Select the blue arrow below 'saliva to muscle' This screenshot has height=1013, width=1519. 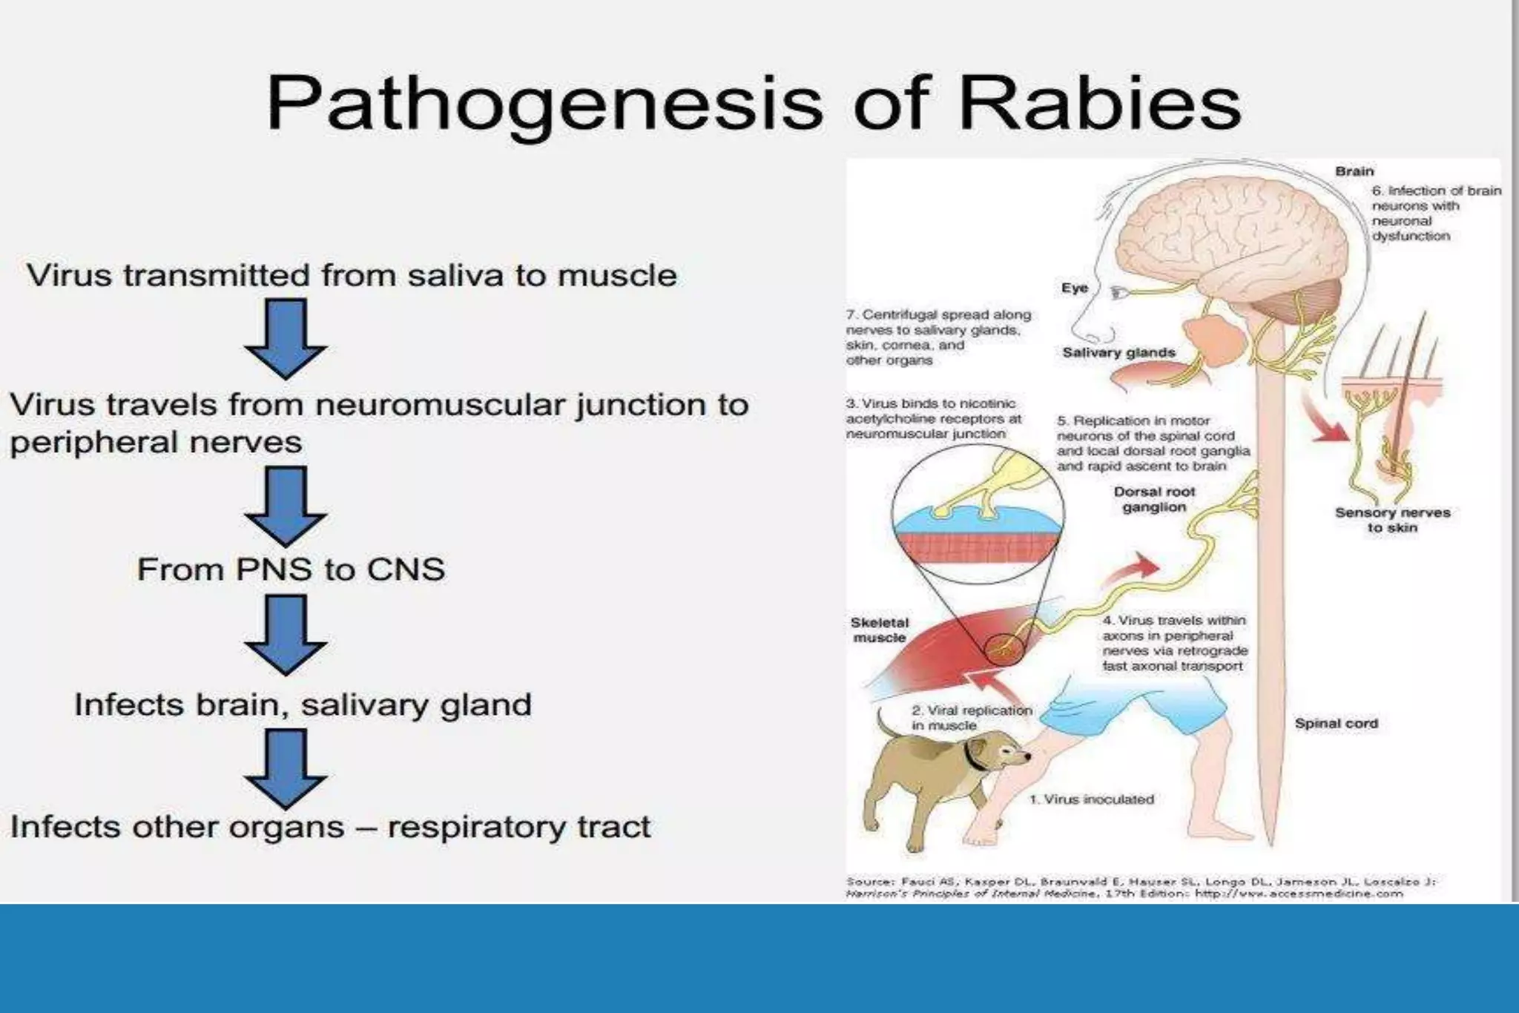pyautogui.click(x=286, y=337)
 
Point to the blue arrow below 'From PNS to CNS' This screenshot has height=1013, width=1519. pyautogui.click(x=286, y=635)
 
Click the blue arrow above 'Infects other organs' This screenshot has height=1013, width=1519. pyautogui.click(x=286, y=768)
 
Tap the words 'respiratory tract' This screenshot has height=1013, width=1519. pyautogui.click(x=518, y=827)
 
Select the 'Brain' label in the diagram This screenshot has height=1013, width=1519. pyautogui.click(x=1354, y=171)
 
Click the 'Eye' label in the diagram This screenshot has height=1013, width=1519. pyautogui.click(x=1074, y=288)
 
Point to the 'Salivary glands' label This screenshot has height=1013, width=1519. pyautogui.click(x=1118, y=352)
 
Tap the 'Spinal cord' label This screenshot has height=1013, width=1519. pyautogui.click(x=1336, y=723)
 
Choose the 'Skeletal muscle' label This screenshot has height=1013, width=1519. pyautogui.click(x=879, y=630)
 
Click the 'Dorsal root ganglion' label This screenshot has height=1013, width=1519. pyautogui.click(x=1154, y=499)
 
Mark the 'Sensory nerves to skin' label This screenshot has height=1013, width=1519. pyautogui.click(x=1392, y=520)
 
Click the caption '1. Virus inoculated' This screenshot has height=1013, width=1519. pyautogui.click(x=1091, y=799)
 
